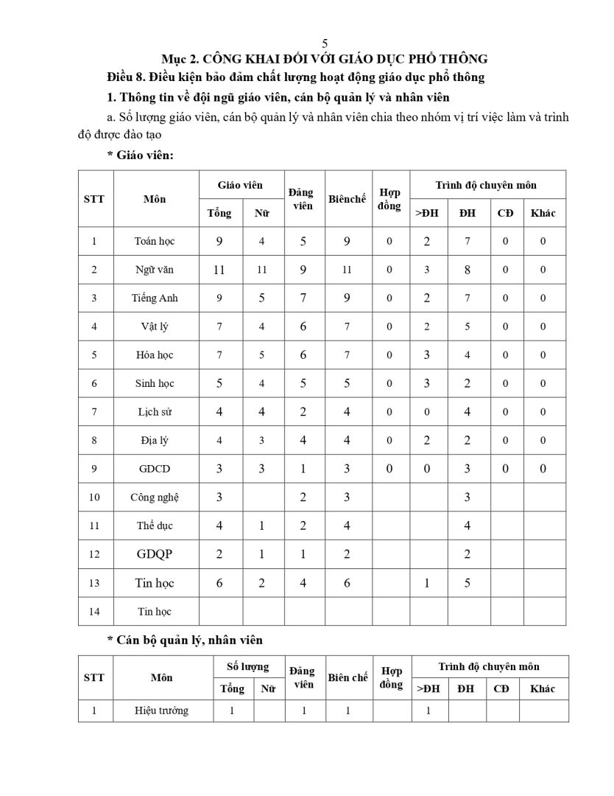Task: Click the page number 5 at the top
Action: tap(325, 43)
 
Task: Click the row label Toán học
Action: tap(155, 241)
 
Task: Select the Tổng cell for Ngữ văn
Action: tap(219, 270)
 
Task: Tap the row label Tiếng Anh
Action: tap(155, 298)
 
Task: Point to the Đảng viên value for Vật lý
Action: tap(303, 327)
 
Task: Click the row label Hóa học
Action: tap(155, 355)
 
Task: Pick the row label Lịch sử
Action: tap(155, 412)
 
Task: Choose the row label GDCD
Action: tap(155, 469)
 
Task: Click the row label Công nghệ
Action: tap(155, 497)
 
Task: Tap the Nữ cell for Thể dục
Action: tap(261, 526)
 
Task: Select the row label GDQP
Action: tap(155, 554)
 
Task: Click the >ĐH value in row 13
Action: tap(426, 583)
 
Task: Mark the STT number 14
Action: tap(94, 611)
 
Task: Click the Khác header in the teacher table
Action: tap(543, 213)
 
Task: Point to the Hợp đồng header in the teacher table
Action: tap(389, 199)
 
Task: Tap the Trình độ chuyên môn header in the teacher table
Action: tap(486, 185)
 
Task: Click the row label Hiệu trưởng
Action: tap(161, 711)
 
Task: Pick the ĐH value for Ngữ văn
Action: tap(467, 270)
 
